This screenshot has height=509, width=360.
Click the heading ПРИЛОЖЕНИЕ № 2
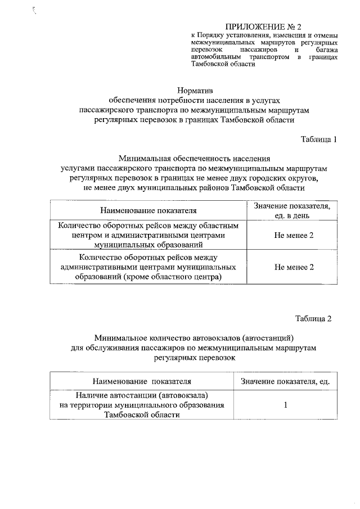click(x=264, y=26)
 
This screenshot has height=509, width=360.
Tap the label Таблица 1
click(x=319, y=139)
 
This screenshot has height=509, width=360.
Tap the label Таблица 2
click(x=314, y=318)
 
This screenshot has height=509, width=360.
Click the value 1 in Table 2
click(x=286, y=405)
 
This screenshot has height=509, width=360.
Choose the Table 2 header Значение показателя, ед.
click(x=285, y=382)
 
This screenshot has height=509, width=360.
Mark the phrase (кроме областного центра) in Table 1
click(x=175, y=277)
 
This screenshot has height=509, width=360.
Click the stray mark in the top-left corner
click(x=35, y=9)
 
